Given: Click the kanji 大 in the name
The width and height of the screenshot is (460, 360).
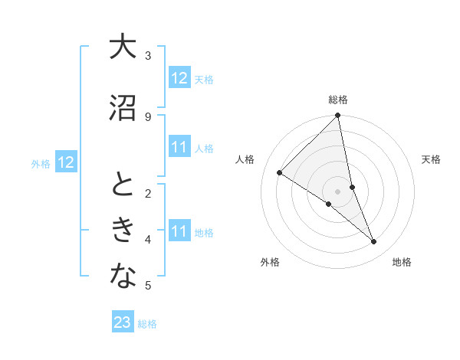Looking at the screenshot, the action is pos(123,47).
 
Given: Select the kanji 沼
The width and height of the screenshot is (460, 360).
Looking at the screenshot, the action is pos(123,109).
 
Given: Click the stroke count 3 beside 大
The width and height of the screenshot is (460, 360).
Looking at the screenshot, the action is pos(148,56).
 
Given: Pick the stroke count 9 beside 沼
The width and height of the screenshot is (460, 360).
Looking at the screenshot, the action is pos(148,117).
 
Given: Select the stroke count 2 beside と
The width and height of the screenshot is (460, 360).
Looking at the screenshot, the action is pos(148,194).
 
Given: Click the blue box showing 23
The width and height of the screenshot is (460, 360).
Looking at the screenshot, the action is pos(123,322).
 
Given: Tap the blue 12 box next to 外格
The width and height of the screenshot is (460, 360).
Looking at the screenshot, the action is pos(66,162).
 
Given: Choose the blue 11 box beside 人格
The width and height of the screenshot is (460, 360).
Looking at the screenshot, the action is pos(179,147).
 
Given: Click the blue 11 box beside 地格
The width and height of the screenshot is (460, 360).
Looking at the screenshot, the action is pos(179,231).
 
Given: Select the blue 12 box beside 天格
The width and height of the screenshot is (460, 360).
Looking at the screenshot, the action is pos(179,78).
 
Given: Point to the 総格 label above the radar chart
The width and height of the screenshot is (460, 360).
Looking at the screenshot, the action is pos(337,100).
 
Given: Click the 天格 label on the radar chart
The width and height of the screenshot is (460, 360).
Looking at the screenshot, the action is pos(431,159).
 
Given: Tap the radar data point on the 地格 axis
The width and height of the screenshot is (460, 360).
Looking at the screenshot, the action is pos(374,242).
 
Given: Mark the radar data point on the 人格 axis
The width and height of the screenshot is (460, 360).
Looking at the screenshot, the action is pos(280,172).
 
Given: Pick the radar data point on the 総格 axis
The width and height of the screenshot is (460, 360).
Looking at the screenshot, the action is pos(337,116).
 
